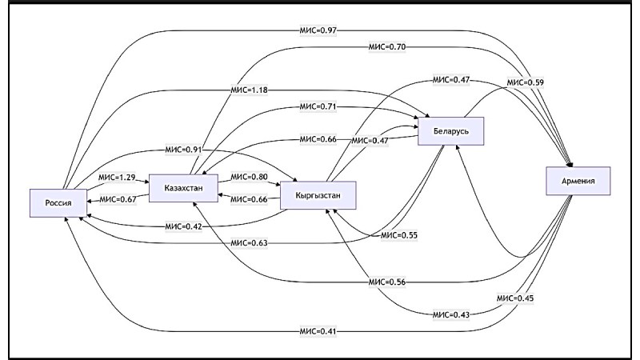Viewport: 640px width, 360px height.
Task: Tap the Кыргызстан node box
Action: (x=318, y=196)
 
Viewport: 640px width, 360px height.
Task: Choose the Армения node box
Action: (x=578, y=182)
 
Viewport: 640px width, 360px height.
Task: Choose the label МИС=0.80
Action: (x=249, y=177)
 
